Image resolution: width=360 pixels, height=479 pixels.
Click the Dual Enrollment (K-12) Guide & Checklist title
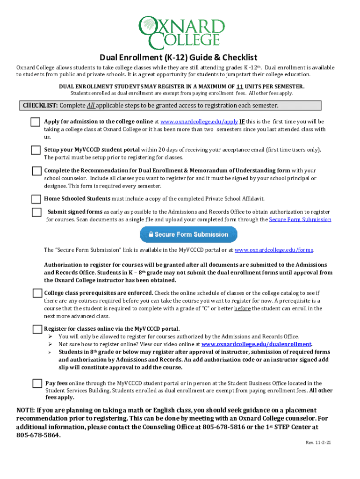pos(178,58)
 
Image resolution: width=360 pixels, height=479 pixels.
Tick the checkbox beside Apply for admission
pos(36,122)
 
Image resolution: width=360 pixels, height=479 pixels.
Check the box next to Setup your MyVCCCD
pos(36,150)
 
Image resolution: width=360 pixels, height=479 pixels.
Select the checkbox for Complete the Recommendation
pos(36,171)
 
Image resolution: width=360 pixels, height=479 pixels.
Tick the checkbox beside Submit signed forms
pos(37,212)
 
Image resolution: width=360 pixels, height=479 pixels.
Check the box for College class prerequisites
pos(37,293)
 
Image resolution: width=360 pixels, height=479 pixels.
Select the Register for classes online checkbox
pos(37,329)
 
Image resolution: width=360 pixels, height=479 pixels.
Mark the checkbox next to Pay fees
pos(37,384)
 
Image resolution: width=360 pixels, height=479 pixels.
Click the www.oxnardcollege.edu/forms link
pos(274,250)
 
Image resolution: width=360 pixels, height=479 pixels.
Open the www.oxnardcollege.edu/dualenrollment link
pos(256,344)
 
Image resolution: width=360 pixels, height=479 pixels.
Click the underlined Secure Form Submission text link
pos(300,219)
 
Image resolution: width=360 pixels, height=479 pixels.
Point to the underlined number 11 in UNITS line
pos(239,87)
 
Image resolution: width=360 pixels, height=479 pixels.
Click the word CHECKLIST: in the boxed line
pos(41,105)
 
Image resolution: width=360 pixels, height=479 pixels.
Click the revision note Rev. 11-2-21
pos(319,443)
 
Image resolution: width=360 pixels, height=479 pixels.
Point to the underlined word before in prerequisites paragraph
pos(243,308)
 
